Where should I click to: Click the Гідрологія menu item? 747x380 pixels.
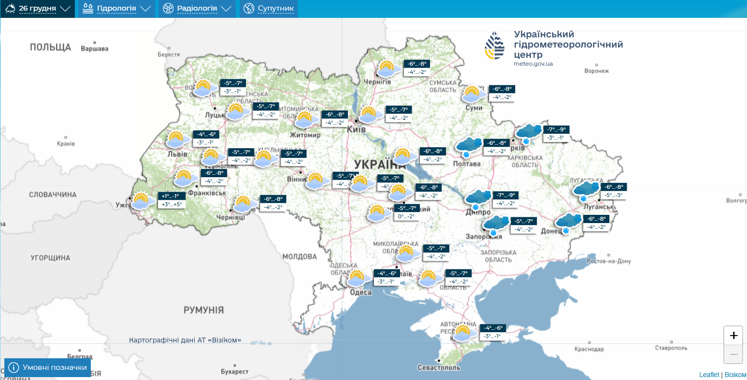coord(116,9)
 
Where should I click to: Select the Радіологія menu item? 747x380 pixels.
coord(197,9)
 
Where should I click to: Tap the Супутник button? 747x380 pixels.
coord(269,9)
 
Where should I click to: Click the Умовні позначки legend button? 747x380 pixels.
coord(48,367)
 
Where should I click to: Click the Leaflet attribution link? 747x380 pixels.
coord(709,375)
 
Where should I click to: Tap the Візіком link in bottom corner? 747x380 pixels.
coord(735,375)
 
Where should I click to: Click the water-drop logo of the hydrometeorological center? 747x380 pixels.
coord(495,46)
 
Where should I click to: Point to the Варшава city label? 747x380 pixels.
coord(95,49)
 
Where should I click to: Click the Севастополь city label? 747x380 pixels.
coord(439,368)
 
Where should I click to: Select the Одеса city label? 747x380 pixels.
coord(361,293)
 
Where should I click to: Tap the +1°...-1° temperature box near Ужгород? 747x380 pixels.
coord(171,196)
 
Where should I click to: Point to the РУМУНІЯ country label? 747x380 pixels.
coord(203,310)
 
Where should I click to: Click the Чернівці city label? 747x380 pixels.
coord(231,218)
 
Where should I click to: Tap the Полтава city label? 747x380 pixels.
coord(467,164)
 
